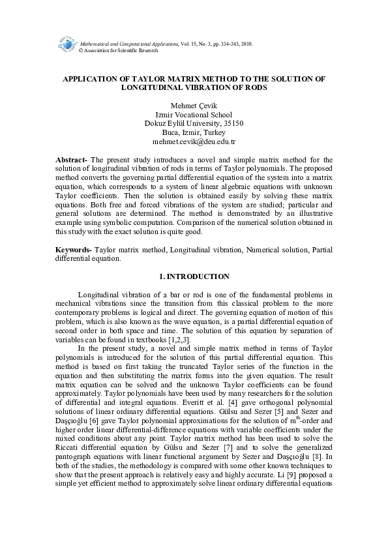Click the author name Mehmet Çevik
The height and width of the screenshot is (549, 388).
point(194,105)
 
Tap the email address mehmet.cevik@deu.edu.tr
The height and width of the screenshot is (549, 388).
point(194,141)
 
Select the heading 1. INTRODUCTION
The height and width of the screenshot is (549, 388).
point(194,276)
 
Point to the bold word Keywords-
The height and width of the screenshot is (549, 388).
point(74,250)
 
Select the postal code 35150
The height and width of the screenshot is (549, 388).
point(233,123)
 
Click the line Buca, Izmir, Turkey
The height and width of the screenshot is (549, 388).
point(194,132)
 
